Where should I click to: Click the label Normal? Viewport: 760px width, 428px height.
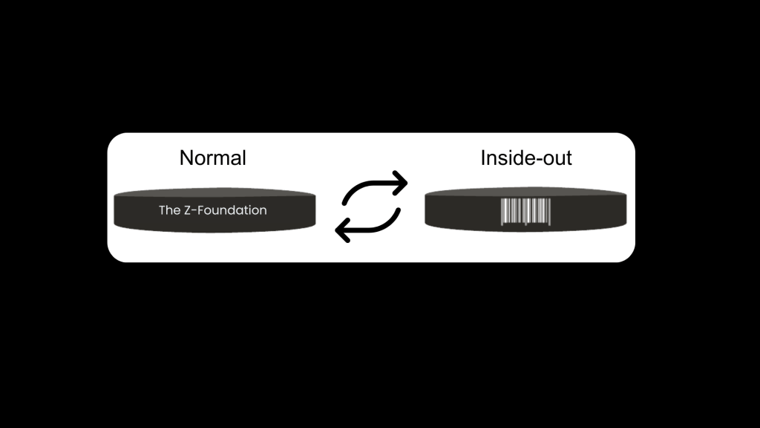point(213,158)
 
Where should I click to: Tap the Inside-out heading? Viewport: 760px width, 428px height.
point(526,158)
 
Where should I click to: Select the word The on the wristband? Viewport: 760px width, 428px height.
point(169,210)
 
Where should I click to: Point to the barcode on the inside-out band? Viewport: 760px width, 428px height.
point(526,212)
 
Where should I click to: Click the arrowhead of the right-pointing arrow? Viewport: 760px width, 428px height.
point(399,183)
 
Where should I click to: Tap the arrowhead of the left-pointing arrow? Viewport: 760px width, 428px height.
point(343,230)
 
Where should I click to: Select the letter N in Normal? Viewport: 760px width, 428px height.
point(186,158)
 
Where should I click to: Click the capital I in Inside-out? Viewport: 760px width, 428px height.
point(482,158)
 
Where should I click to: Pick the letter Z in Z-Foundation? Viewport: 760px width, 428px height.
point(188,210)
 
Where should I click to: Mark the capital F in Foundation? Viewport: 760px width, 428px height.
point(200,210)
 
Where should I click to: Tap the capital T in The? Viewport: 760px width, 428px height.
point(162,210)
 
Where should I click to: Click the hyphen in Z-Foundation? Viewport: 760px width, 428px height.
point(194,211)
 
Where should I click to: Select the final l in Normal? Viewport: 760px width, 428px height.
point(244,158)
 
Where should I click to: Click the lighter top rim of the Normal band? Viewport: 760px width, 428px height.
point(214,192)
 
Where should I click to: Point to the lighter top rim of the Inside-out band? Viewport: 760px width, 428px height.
point(526,191)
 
